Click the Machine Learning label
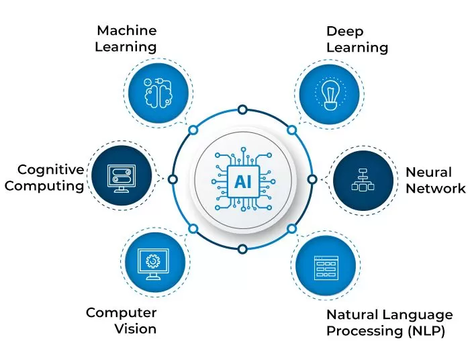127,39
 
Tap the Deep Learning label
357,39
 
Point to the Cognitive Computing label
51,177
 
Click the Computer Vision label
121,320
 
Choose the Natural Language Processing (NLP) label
389,322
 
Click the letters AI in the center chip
242,180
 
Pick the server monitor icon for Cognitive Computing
121,178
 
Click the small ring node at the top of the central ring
242,109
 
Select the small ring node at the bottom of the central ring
242,249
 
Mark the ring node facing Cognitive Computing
173,179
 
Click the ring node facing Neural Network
312,179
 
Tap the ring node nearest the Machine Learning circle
193,130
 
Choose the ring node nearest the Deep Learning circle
291,130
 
